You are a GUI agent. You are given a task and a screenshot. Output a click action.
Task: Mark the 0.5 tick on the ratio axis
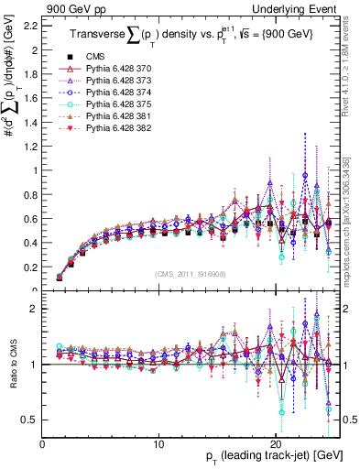[x=31, y=420]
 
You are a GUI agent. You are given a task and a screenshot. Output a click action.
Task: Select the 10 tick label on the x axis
[x=158, y=444]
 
